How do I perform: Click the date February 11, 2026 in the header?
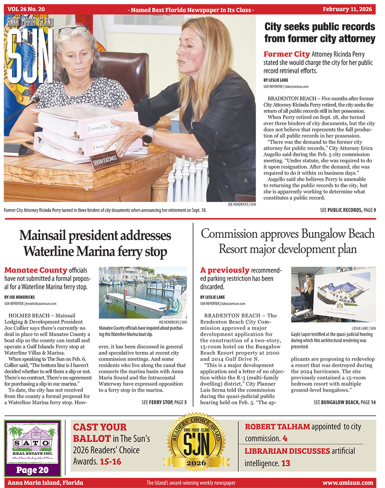pyautogui.click(x=347, y=9)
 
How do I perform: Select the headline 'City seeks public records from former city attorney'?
pyautogui.click(x=319, y=33)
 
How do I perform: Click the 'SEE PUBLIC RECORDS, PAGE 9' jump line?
pyautogui.click(x=348, y=210)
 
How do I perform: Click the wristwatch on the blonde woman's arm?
pyautogui.click(x=148, y=136)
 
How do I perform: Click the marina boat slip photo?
pyautogui.click(x=143, y=292)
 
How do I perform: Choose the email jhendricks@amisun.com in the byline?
pyautogui.click(x=41, y=303)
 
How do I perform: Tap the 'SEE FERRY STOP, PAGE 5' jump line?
pyautogui.click(x=164, y=402)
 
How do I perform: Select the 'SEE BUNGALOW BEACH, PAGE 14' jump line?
pyautogui.click(x=344, y=402)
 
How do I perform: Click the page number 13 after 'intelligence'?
pyautogui.click(x=286, y=463)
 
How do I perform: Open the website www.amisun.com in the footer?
pyautogui.click(x=347, y=483)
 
